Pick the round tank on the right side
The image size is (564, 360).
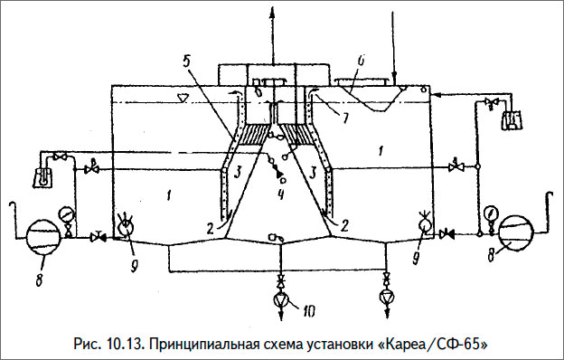point(519,232)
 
